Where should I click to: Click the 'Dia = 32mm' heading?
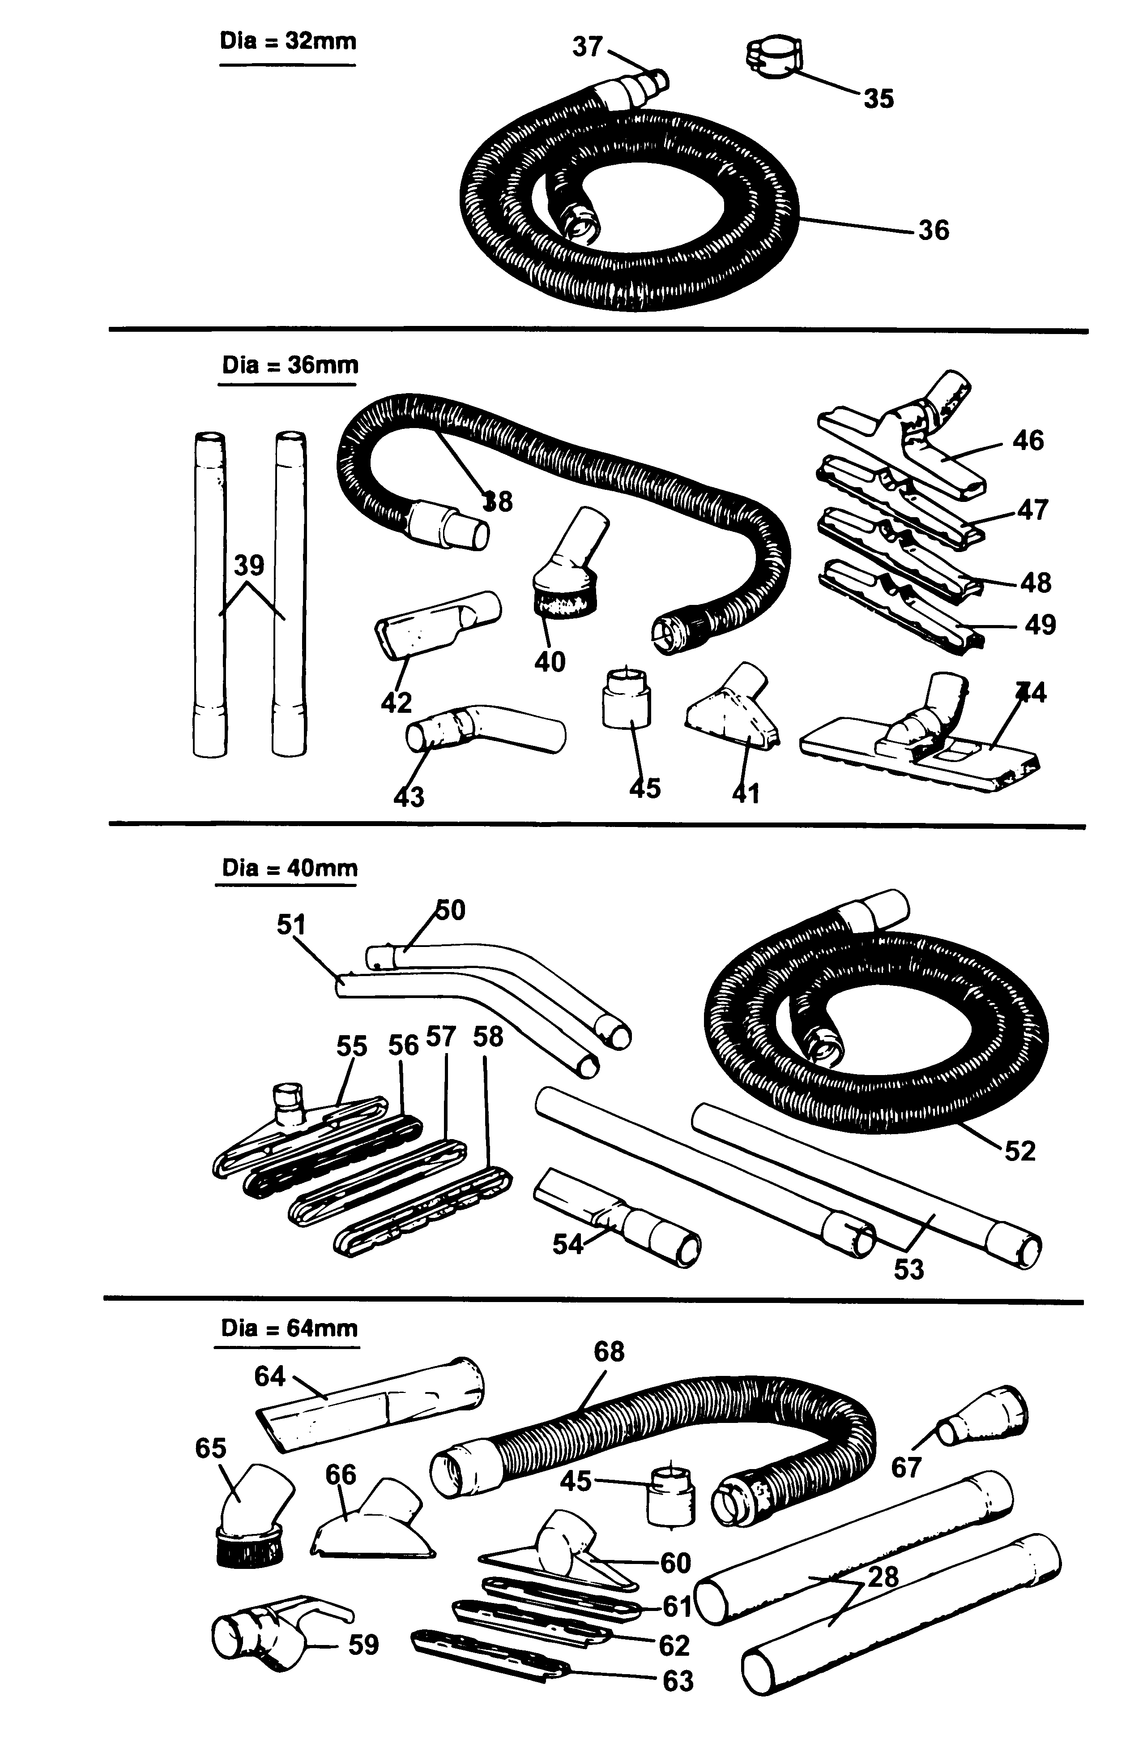pyautogui.click(x=288, y=41)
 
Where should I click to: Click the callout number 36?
pyautogui.click(x=933, y=231)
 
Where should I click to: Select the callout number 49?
pyautogui.click(x=1040, y=626)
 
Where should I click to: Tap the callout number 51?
pyautogui.click(x=290, y=925)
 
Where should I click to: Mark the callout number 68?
pyautogui.click(x=609, y=1352)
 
